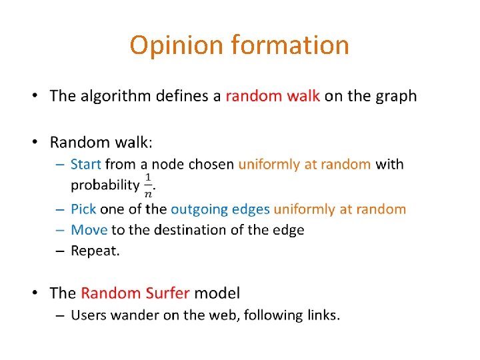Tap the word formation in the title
click(x=290, y=45)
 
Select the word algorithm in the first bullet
click(x=115, y=96)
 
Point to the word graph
click(x=395, y=96)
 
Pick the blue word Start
click(x=85, y=164)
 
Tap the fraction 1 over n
click(x=148, y=185)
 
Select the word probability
click(x=105, y=185)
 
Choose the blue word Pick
click(x=83, y=209)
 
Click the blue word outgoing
click(x=199, y=209)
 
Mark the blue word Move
click(x=89, y=230)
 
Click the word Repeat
click(x=95, y=251)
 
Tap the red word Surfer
click(x=163, y=293)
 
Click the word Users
click(x=87, y=315)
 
